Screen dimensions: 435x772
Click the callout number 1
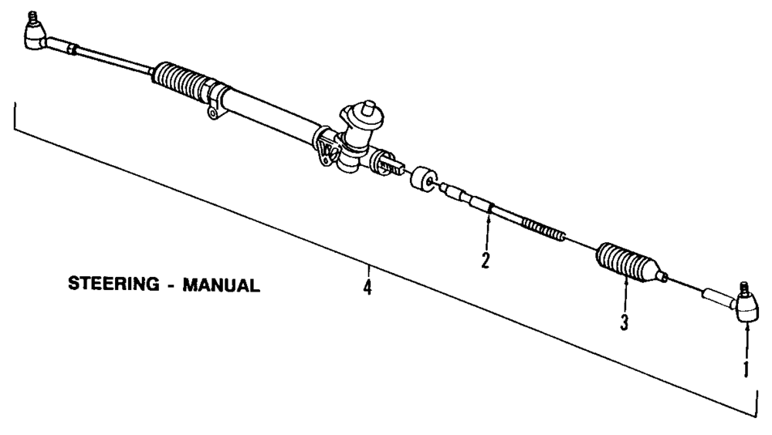coord(745,369)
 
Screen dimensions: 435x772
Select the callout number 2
coord(486,261)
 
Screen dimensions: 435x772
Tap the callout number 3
coord(624,322)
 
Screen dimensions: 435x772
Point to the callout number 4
coord(367,288)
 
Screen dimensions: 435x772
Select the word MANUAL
coord(222,285)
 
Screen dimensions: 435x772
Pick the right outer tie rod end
coord(747,309)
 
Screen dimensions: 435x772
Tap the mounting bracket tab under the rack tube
coord(211,114)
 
